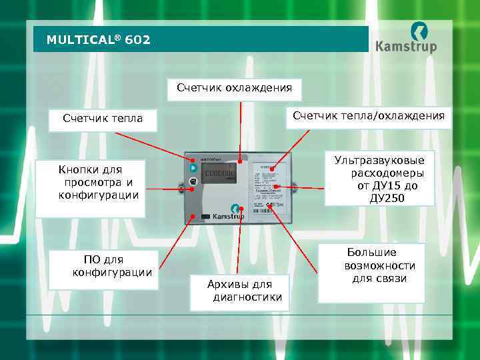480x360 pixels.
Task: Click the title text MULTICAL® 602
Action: point(98,40)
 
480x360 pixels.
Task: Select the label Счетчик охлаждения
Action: point(234,87)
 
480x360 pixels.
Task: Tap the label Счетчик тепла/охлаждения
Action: point(369,116)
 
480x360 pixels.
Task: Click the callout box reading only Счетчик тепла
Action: point(103,119)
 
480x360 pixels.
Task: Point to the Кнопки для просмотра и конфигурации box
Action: point(90,182)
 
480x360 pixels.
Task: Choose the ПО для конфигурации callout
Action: point(103,266)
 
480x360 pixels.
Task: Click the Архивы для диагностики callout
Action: point(239,291)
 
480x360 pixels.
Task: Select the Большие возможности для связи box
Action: point(371,265)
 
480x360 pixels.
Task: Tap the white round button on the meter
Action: point(193,181)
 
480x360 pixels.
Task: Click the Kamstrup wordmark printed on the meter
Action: point(229,217)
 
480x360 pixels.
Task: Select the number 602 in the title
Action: point(137,40)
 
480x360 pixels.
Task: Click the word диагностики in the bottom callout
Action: point(247,297)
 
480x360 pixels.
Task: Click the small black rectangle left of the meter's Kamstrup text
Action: point(206,217)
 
